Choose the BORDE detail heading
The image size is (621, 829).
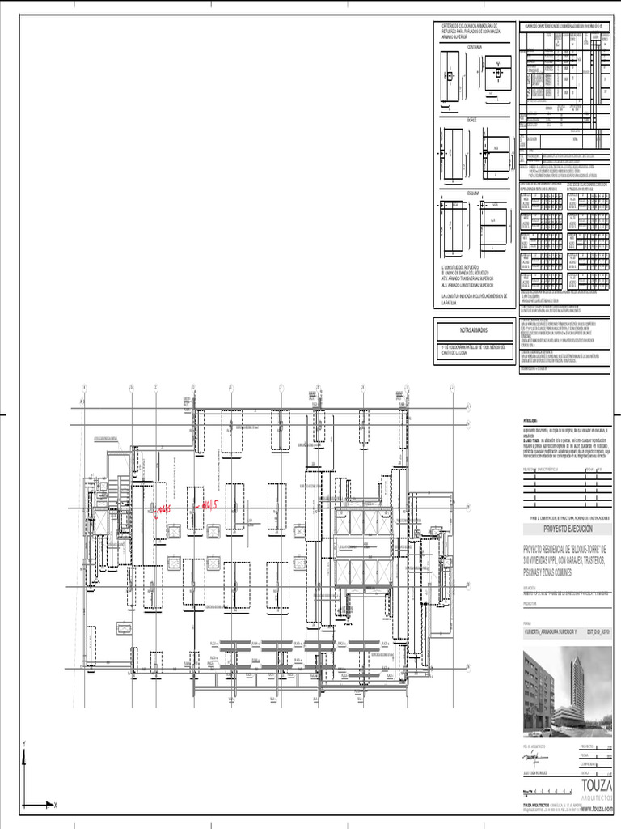pyautogui.click(x=473, y=121)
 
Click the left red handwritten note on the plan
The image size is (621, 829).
pyautogui.click(x=162, y=508)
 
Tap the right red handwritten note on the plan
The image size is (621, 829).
pyautogui.click(x=209, y=503)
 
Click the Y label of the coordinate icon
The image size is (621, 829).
pyautogui.click(x=25, y=742)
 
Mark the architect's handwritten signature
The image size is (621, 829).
pyautogui.click(x=536, y=759)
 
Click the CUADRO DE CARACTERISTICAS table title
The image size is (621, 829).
pyautogui.click(x=565, y=26)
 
